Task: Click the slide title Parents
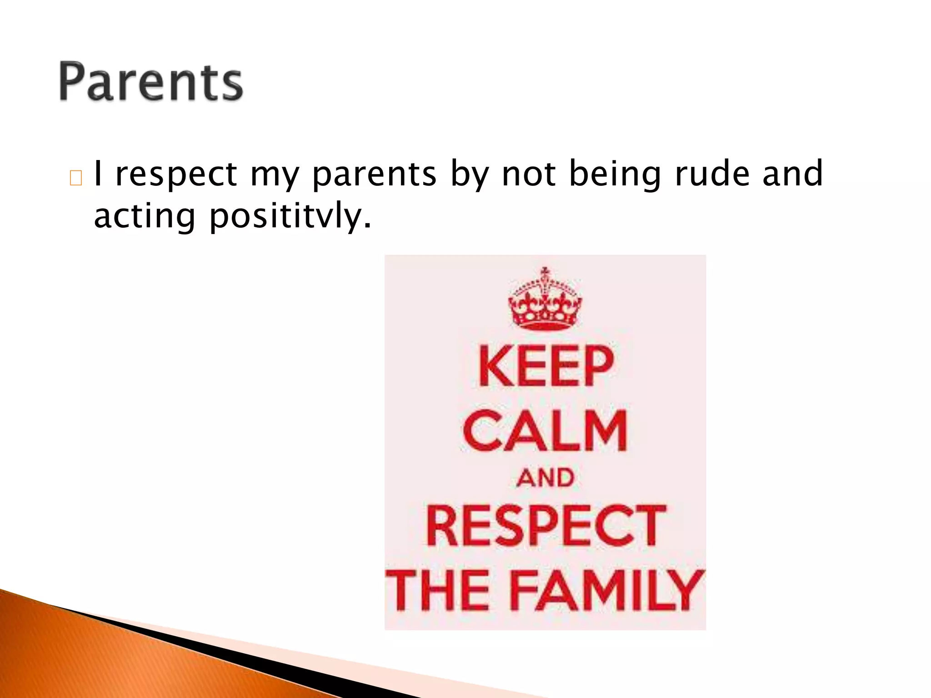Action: (x=150, y=82)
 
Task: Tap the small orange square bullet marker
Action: (x=76, y=178)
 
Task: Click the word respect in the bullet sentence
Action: (x=176, y=175)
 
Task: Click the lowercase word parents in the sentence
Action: (x=374, y=175)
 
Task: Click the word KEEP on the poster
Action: (x=546, y=366)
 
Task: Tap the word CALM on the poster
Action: (x=545, y=430)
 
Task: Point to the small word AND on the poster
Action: (x=545, y=478)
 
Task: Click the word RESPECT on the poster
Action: (x=546, y=525)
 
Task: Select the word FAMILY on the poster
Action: (x=607, y=590)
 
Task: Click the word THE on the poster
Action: (x=436, y=590)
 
